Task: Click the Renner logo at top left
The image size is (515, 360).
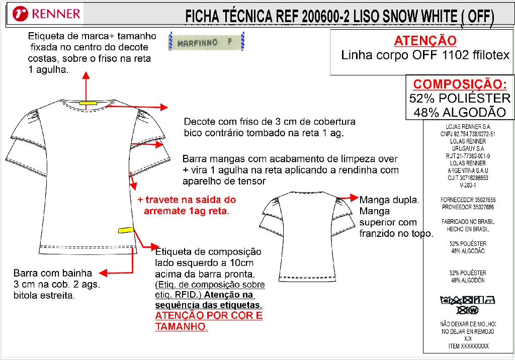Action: pyautogui.click(x=47, y=14)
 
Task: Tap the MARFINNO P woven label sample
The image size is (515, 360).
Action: pyautogui.click(x=206, y=42)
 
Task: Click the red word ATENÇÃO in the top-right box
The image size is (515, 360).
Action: pyautogui.click(x=425, y=41)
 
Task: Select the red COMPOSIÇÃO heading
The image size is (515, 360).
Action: pyautogui.click(x=460, y=84)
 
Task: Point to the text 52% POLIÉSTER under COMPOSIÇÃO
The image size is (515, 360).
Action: pyautogui.click(x=460, y=98)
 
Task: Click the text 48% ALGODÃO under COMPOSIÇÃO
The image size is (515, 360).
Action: pyautogui.click(x=460, y=113)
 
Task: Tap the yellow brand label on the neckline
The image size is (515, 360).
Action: pyautogui.click(x=88, y=103)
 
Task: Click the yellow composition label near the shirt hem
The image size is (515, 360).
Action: pyautogui.click(x=126, y=230)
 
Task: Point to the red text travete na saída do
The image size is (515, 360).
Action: pyautogui.click(x=187, y=200)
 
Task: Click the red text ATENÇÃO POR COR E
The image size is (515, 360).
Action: pyautogui.click(x=209, y=316)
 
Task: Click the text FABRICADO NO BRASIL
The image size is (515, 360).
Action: pyautogui.click(x=468, y=222)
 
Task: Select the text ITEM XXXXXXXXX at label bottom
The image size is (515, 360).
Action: pyautogui.click(x=468, y=346)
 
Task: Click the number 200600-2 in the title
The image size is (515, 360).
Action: pyautogui.click(x=325, y=17)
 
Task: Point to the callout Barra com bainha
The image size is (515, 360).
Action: pyautogui.click(x=53, y=274)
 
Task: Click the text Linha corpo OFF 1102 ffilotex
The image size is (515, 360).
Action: pyautogui.click(x=425, y=55)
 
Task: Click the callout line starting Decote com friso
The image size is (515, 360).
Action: pyautogui.click(x=270, y=122)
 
